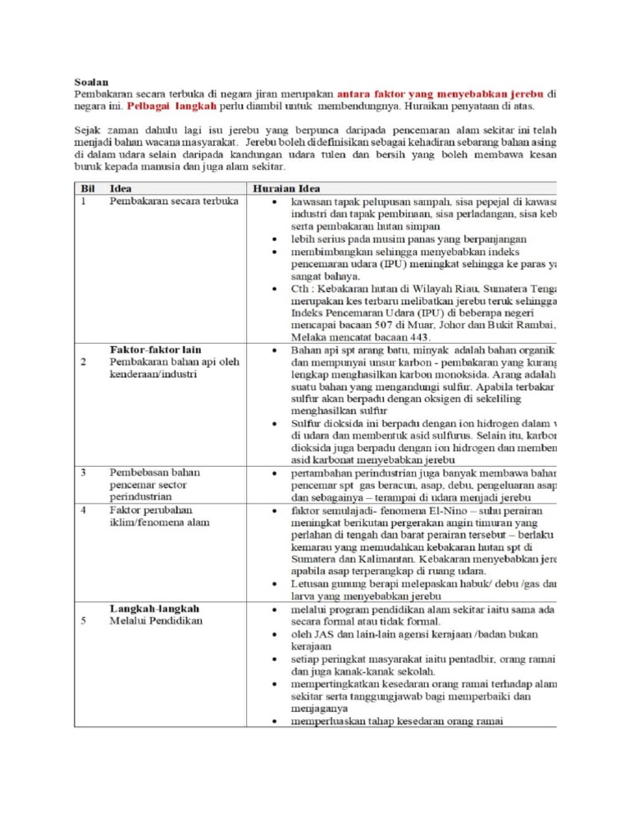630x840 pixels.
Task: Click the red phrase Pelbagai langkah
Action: click(172, 107)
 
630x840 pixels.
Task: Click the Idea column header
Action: click(121, 188)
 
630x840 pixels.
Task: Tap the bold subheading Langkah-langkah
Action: click(154, 609)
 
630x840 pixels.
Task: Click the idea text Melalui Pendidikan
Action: click(156, 621)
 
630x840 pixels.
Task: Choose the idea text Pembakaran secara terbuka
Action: click(174, 201)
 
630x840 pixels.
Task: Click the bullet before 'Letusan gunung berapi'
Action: click(273, 583)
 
